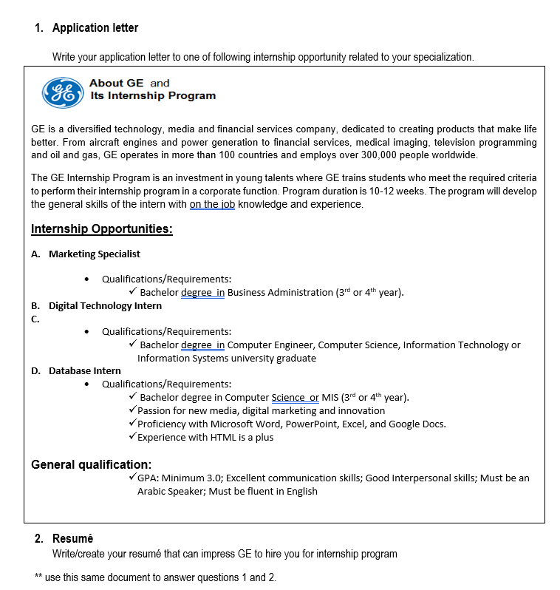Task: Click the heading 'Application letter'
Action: (95, 28)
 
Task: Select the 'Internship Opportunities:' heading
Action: (101, 228)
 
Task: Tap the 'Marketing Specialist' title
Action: (94, 254)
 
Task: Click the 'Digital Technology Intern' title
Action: (105, 305)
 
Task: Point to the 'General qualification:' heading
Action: (91, 464)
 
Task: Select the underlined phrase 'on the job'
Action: (212, 204)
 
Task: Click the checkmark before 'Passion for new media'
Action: (132, 410)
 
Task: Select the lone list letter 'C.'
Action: (35, 319)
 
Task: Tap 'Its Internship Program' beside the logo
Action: (153, 95)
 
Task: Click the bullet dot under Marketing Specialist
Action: (88, 279)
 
